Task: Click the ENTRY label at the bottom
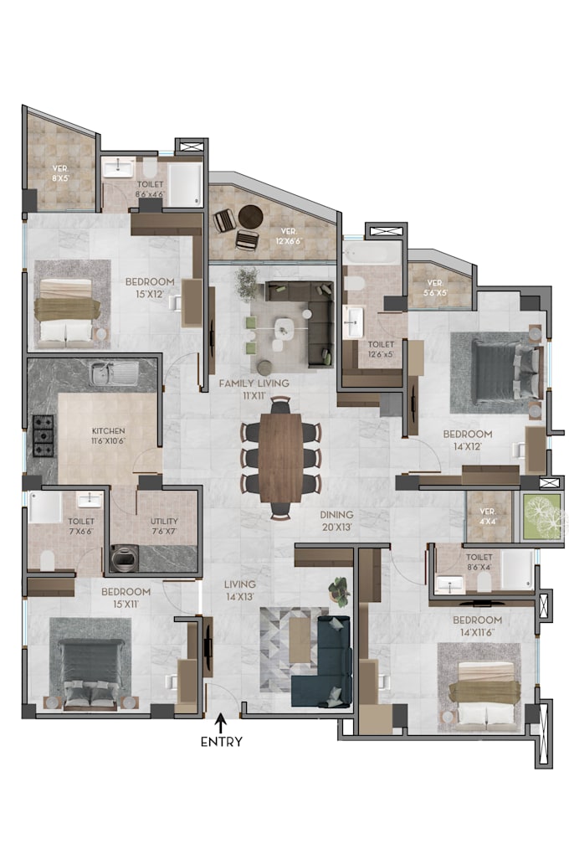pos(222,741)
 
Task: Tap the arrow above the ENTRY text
pos(222,721)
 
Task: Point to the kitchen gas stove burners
pos(43,436)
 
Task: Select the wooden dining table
pos(281,456)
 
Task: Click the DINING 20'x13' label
pos(336,521)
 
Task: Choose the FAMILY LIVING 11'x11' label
pos(254,388)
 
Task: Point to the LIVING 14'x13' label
pos(239,590)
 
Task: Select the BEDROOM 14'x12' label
pos(467,440)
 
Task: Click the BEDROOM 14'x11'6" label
pos(477,625)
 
